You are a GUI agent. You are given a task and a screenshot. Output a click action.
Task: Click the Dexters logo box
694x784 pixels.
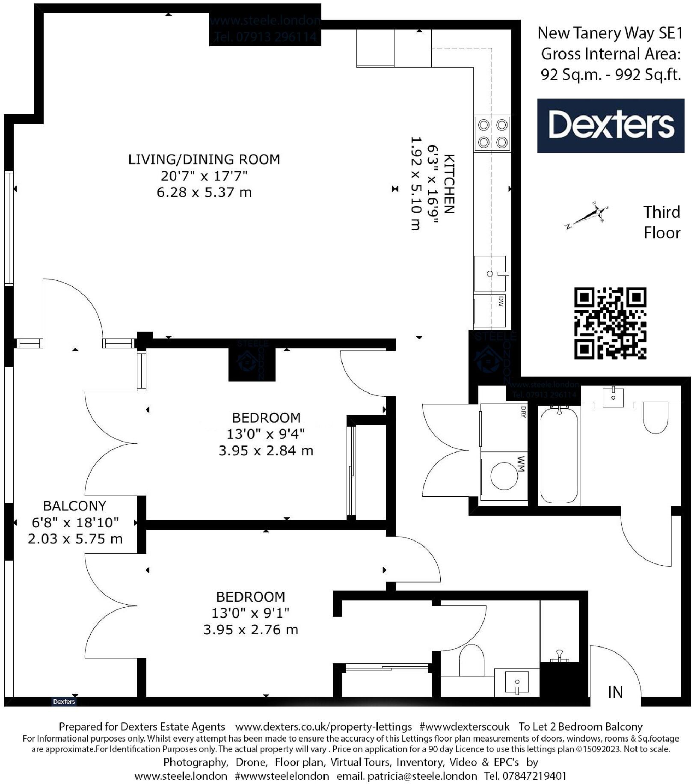click(x=610, y=125)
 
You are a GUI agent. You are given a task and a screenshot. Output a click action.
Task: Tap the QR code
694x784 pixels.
click(x=610, y=323)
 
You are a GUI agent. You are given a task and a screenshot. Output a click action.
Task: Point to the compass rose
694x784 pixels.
click(x=588, y=215)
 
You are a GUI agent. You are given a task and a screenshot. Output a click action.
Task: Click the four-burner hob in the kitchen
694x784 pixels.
click(x=492, y=133)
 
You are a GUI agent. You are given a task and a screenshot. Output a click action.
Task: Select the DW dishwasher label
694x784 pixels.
click(x=501, y=302)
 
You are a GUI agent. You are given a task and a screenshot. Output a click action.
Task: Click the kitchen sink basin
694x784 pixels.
click(x=490, y=273)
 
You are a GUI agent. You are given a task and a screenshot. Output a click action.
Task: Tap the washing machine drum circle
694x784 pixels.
click(x=504, y=475)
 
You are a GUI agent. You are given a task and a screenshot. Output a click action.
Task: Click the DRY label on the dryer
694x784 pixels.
click(x=523, y=412)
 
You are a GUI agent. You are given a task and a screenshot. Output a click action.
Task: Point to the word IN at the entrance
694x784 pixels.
click(x=615, y=692)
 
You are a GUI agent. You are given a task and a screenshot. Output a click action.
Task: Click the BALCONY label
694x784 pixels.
click(x=74, y=506)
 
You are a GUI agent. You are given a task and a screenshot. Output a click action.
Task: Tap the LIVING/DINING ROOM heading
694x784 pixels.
click(x=204, y=160)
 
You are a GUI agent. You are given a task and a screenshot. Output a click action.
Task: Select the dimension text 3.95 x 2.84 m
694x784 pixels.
click(x=266, y=451)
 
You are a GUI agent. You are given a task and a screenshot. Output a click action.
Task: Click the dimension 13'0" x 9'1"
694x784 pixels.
click(x=250, y=613)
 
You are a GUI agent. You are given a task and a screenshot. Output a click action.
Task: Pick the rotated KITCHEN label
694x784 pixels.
click(x=449, y=184)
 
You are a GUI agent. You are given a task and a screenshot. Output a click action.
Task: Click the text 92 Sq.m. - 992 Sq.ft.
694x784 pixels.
click(x=610, y=75)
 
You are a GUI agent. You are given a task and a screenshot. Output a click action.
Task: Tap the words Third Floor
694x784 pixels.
click(x=661, y=223)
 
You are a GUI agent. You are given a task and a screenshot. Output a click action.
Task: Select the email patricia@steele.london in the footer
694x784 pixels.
click(x=406, y=776)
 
